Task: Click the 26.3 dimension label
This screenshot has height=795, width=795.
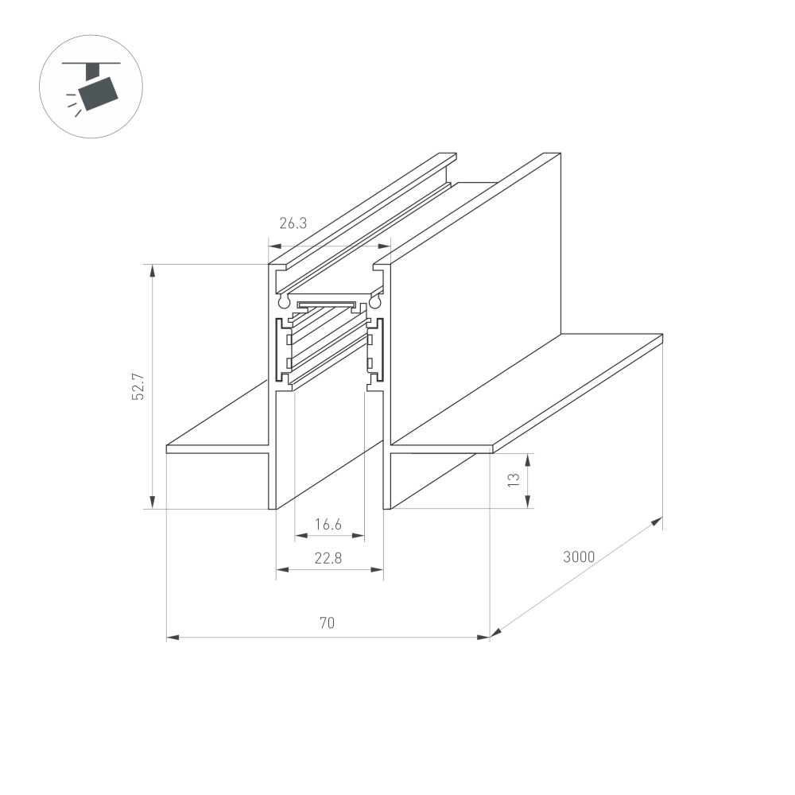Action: coord(293,223)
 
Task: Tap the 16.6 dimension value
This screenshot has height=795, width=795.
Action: coord(328,524)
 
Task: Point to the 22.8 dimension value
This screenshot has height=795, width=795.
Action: coord(328,558)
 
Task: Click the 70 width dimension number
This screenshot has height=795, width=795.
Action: coord(327,624)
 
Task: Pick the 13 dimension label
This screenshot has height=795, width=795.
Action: coord(514,479)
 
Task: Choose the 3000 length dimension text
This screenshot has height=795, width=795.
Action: coord(579,556)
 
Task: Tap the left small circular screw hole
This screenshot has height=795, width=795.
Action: coord(283,301)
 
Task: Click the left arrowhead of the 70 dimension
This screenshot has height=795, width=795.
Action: coord(172,637)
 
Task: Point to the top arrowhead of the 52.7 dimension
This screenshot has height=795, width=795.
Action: coord(152,270)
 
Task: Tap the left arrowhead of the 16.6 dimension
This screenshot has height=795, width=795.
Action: coord(300,537)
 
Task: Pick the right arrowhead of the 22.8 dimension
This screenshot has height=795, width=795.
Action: coord(378,569)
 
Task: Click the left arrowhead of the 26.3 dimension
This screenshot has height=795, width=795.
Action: coord(273,246)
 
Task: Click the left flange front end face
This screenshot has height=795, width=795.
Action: coord(215,449)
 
